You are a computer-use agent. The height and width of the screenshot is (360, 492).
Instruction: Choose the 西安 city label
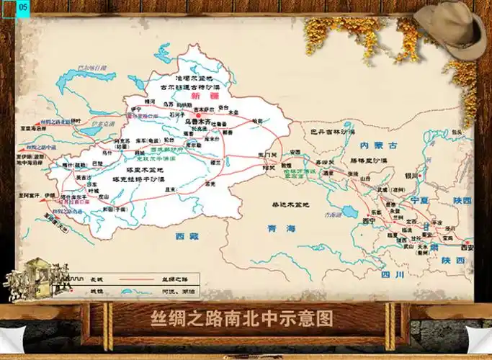465,247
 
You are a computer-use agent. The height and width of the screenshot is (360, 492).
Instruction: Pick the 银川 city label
411,175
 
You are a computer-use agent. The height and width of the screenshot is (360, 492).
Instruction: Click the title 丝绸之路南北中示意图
242,318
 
